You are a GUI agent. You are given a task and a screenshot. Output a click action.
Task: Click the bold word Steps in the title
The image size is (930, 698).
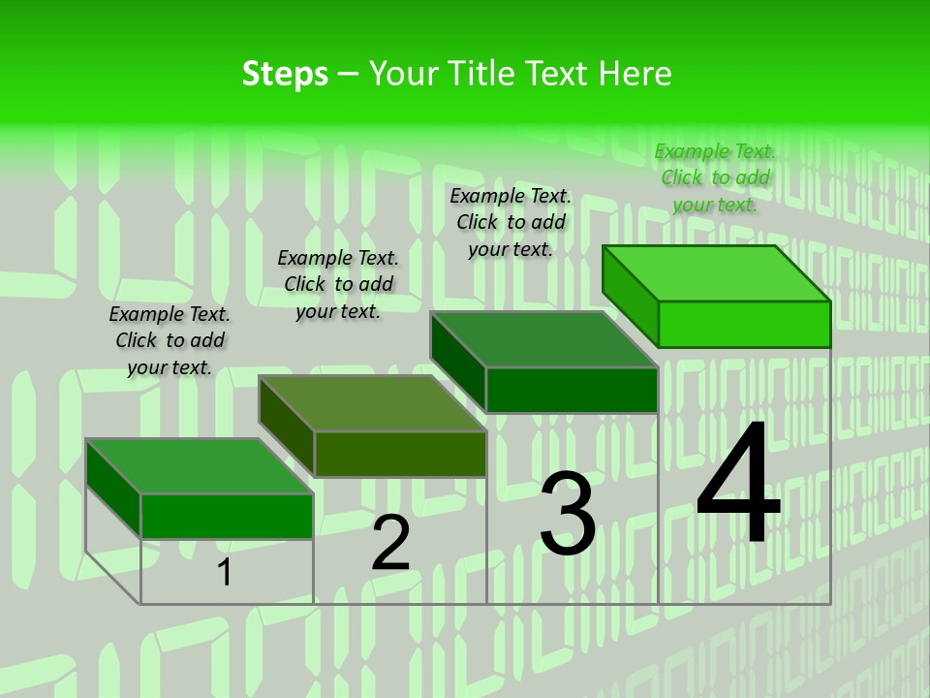(285, 74)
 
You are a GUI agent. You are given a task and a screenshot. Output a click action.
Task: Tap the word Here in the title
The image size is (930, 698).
(635, 74)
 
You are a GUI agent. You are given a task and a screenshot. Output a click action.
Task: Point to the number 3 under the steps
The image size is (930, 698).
(567, 514)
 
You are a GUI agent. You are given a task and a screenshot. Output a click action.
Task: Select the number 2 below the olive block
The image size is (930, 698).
(390, 543)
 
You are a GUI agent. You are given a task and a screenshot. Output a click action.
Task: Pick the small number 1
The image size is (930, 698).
(225, 572)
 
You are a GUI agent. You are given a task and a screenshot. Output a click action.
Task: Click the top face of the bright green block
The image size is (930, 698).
(717, 273)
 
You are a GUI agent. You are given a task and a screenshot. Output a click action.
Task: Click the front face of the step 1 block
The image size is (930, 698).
(227, 516)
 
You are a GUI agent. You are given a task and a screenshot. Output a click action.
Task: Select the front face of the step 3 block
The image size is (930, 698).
(572, 390)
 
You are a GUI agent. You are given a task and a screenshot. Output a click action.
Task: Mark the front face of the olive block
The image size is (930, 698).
(400, 454)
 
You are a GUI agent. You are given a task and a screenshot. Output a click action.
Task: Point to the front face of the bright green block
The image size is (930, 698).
(744, 324)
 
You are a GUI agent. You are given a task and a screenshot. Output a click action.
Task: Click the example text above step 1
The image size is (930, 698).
(170, 340)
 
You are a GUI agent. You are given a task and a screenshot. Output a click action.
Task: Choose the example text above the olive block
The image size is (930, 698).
(338, 284)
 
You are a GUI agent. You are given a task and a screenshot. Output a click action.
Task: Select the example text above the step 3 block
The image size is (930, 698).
(511, 222)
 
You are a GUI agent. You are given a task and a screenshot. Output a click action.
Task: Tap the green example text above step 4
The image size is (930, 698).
(715, 177)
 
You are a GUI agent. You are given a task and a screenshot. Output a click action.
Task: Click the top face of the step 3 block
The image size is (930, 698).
(544, 339)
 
